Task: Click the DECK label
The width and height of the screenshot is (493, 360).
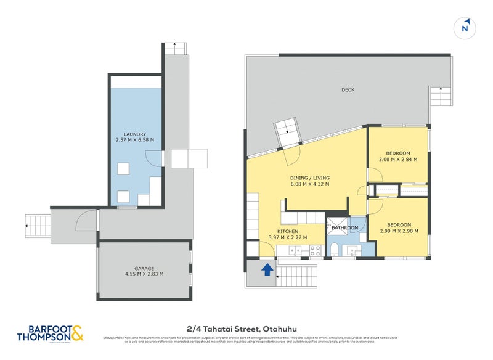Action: pyautogui.click(x=348, y=90)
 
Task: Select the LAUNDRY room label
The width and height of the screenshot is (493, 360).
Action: pyautogui.click(x=134, y=133)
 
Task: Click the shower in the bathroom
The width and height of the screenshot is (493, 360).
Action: pyautogui.click(x=337, y=226)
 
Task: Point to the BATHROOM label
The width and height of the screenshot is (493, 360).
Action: pyautogui.click(x=345, y=228)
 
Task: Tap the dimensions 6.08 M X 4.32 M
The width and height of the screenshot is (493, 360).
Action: pyautogui.click(x=310, y=184)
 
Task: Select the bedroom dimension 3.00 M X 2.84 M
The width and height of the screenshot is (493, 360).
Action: pyautogui.click(x=398, y=159)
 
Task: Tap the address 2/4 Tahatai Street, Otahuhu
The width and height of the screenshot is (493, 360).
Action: pyautogui.click(x=246, y=329)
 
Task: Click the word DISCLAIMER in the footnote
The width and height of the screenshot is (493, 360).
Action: pyautogui.click(x=113, y=338)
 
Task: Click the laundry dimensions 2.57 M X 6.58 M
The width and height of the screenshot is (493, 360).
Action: pyautogui.click(x=134, y=140)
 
